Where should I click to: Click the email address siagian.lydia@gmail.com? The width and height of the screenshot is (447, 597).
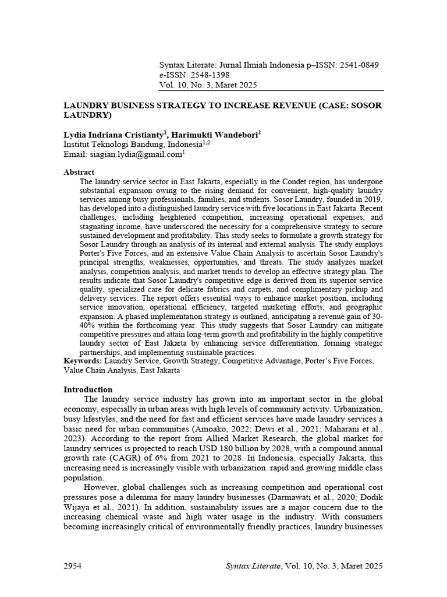[x=136, y=154]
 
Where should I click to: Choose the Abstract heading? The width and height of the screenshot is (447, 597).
[x=79, y=172]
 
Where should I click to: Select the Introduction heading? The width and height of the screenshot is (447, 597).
[x=87, y=389]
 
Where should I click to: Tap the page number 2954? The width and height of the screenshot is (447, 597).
[x=72, y=566]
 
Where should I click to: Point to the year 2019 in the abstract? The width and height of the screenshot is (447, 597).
[x=372, y=199]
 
